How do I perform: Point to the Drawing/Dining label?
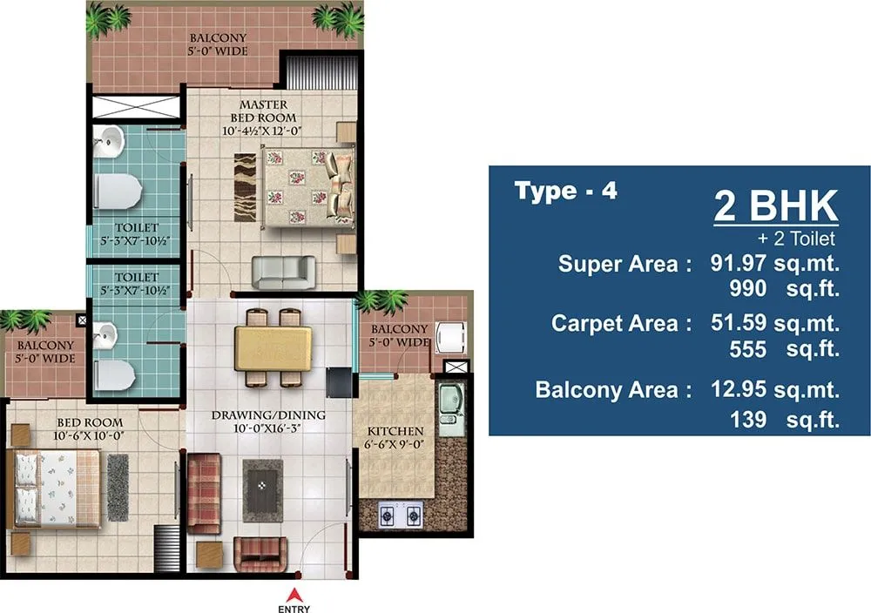pyautogui.click(x=268, y=421)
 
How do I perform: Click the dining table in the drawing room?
pyautogui.click(x=273, y=347)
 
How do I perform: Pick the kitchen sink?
pyautogui.click(x=451, y=408)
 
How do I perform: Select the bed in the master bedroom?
pyautogui.click(x=310, y=184)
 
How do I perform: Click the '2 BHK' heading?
pyautogui.click(x=775, y=207)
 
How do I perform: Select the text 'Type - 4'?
pyautogui.click(x=565, y=191)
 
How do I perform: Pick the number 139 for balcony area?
pyautogui.click(x=749, y=420)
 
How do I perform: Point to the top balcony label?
pyautogui.click(x=218, y=44)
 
